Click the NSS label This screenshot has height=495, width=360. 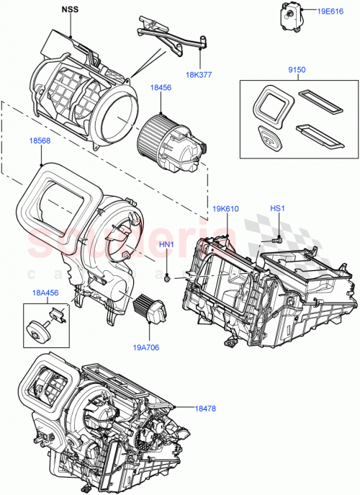pyautogui.click(x=70, y=11)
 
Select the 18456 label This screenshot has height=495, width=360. pyautogui.click(x=161, y=87)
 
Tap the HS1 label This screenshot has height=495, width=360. pyautogui.click(x=278, y=209)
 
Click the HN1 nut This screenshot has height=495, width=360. pyautogui.click(x=167, y=278)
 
